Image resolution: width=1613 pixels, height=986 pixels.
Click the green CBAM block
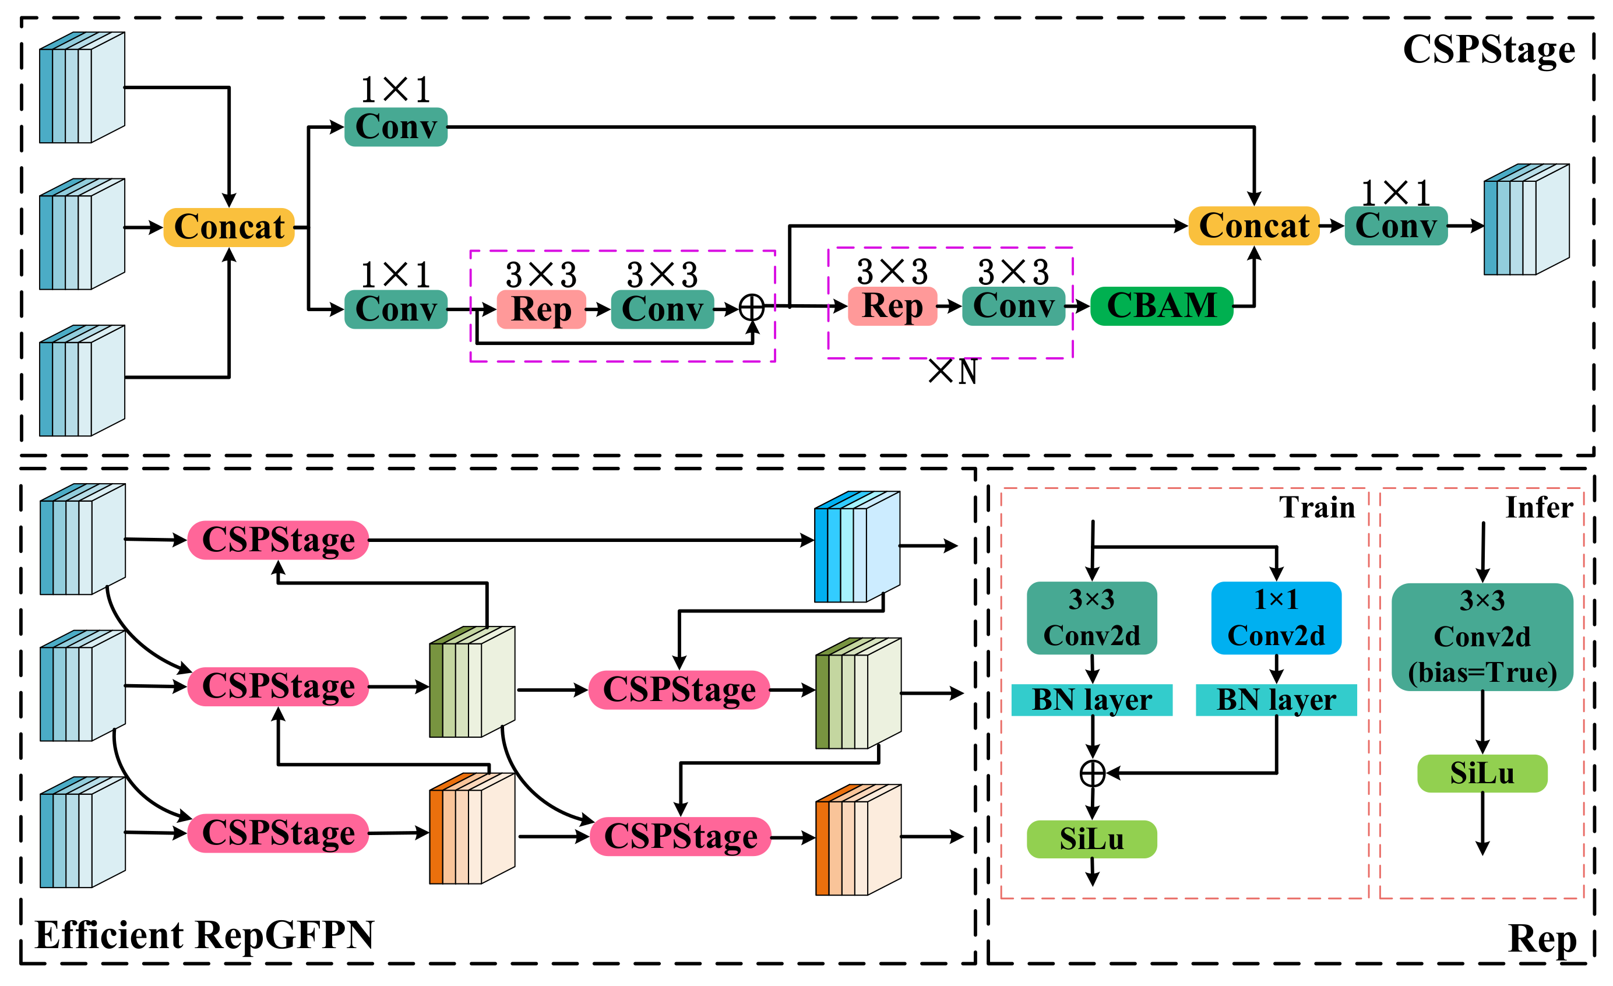(x=1161, y=306)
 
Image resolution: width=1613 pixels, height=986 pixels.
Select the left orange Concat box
(x=228, y=227)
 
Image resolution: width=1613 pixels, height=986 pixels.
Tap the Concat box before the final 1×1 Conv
(x=1253, y=226)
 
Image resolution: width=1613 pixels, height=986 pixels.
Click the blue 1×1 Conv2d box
(x=1276, y=617)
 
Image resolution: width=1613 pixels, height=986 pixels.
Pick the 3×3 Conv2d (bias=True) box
(x=1481, y=636)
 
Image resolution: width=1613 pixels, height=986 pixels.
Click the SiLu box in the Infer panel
(x=1481, y=773)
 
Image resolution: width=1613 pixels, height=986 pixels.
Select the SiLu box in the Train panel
(x=1091, y=839)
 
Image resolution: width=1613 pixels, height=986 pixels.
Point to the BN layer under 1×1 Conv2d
(x=1276, y=699)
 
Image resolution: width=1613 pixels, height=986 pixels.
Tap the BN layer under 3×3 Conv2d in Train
(x=1091, y=699)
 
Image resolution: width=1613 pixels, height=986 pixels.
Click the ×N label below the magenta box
(x=953, y=372)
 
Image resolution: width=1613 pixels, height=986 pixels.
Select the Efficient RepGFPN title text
(x=204, y=934)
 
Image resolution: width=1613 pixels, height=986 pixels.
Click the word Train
(x=1316, y=508)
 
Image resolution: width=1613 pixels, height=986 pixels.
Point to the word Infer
(x=1538, y=508)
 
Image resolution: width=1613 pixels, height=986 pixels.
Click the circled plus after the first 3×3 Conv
(x=752, y=307)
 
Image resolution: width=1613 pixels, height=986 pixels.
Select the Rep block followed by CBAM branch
(x=892, y=306)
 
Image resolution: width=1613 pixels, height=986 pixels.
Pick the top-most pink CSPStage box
(x=277, y=540)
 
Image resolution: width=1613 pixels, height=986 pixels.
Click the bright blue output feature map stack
(x=856, y=547)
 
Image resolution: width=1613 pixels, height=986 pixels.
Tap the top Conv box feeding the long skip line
(x=396, y=127)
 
